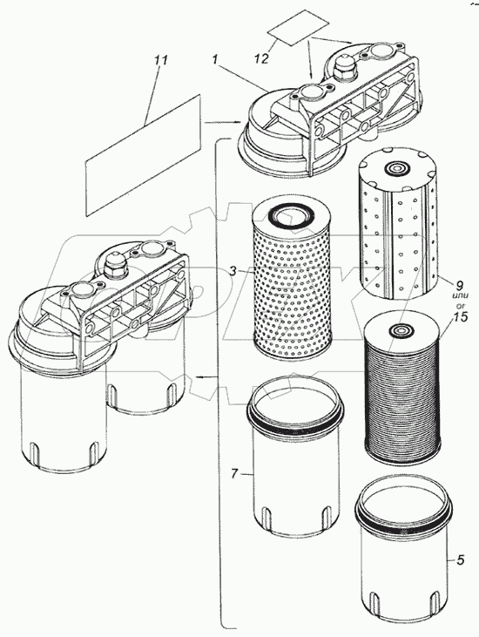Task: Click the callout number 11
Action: coord(161,60)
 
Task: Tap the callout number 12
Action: coord(262,58)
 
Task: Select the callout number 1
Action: coord(215,60)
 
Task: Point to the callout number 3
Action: coord(233,271)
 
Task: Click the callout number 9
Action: coord(460,284)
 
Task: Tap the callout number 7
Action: coord(234,474)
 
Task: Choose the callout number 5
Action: coord(460,560)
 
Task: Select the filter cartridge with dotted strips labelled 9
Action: coord(399,223)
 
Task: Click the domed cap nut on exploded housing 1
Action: coord(344,66)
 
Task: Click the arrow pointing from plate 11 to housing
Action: coord(222,121)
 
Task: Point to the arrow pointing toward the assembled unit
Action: coord(206,377)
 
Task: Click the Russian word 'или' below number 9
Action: coord(462,295)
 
